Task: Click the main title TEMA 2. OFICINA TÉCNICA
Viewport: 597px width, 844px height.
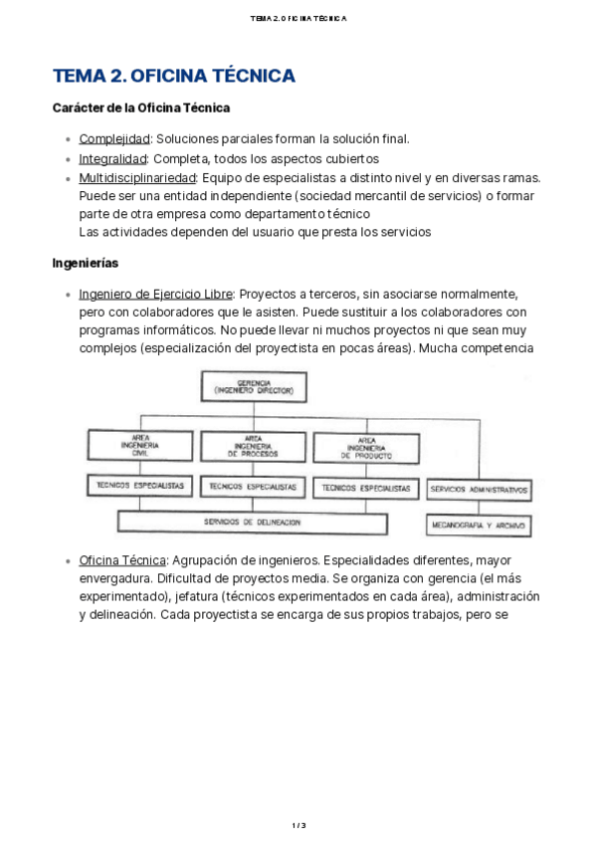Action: pyautogui.click(x=173, y=77)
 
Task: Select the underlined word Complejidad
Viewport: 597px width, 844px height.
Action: pyautogui.click(x=113, y=139)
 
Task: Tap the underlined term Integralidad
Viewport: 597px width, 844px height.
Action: pyautogui.click(x=112, y=158)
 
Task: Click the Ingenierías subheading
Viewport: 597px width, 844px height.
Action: pyautogui.click(x=86, y=264)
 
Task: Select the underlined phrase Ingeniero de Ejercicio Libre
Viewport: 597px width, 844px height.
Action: pyautogui.click(x=156, y=295)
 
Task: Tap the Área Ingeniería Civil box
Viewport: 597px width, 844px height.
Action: pyautogui.click(x=140, y=445)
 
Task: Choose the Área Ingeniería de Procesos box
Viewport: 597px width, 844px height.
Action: pyautogui.click(x=253, y=445)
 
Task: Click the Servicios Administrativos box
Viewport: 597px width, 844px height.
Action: pyautogui.click(x=479, y=490)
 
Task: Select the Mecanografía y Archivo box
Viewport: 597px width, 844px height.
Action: pyautogui.click(x=479, y=524)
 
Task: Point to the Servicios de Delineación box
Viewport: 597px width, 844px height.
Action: pyautogui.click(x=253, y=522)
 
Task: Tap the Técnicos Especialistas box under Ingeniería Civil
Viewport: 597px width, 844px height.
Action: pyautogui.click(x=140, y=487)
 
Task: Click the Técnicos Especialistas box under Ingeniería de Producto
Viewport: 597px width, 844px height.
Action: pyautogui.click(x=366, y=488)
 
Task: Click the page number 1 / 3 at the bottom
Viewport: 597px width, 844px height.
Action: pyautogui.click(x=298, y=825)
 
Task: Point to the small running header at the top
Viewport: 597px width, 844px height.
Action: pyautogui.click(x=298, y=18)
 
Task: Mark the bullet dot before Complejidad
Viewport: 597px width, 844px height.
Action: pyautogui.click(x=67, y=140)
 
